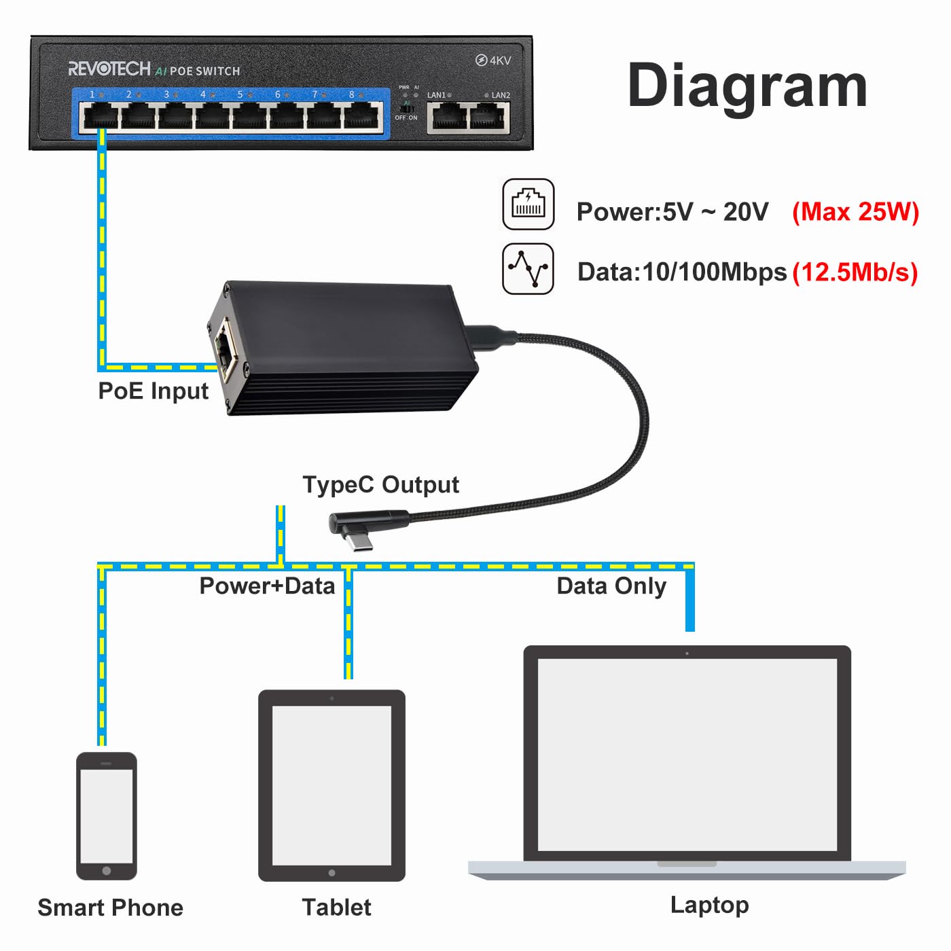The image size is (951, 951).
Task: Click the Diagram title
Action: [747, 87]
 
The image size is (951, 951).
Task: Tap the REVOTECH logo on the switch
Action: [109, 69]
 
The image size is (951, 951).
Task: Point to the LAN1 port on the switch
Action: [447, 118]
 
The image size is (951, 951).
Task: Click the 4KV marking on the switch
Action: [493, 60]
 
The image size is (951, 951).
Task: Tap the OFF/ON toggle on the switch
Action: [407, 107]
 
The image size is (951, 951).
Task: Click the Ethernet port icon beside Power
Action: [528, 204]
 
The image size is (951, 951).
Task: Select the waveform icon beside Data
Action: [528, 269]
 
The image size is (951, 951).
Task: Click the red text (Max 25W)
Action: [855, 212]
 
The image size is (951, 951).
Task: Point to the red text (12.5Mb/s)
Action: [855, 272]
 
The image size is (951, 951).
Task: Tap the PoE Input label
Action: [153, 391]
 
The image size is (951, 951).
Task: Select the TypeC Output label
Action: [380, 485]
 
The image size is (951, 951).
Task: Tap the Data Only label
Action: [611, 587]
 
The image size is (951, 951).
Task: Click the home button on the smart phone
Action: [106, 871]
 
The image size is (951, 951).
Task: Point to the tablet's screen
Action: [331, 785]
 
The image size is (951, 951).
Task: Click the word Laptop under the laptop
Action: [710, 905]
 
